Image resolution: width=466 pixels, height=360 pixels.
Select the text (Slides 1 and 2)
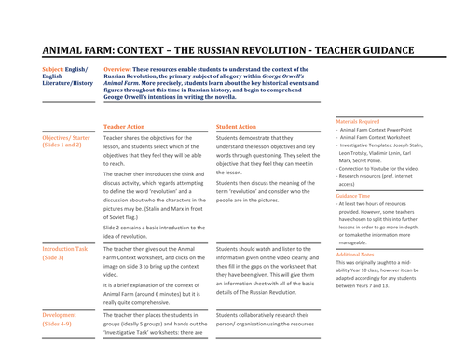(x=66, y=147)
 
